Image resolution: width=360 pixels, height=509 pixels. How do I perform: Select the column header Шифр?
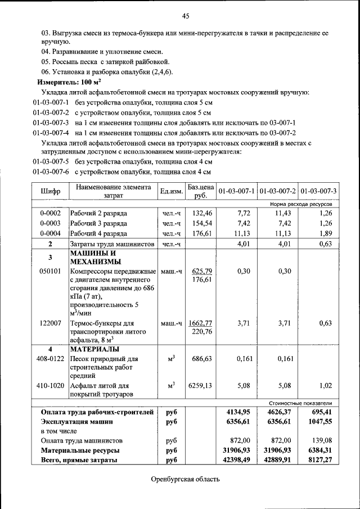coord(50,191)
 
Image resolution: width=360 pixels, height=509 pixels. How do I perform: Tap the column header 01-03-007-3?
coord(318,191)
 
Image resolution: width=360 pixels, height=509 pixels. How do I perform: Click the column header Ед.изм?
coord(171,191)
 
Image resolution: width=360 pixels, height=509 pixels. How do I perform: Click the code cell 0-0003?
coord(50,223)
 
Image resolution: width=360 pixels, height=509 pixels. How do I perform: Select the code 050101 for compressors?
coord(50,271)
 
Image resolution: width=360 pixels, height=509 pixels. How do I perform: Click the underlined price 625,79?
coord(201,271)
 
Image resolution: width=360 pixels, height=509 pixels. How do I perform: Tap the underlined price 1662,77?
coord(201,323)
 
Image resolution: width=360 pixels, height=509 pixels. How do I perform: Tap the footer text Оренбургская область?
coord(185,479)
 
